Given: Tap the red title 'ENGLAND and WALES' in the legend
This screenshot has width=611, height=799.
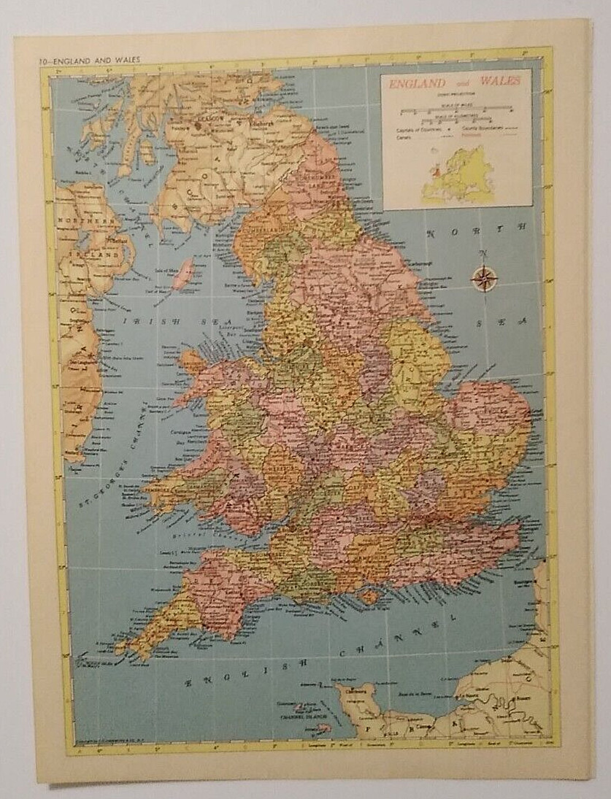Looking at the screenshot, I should [454, 82].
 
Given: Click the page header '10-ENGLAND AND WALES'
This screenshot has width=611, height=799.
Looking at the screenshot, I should [80, 60].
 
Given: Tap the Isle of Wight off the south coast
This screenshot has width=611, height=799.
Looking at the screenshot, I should [371, 596].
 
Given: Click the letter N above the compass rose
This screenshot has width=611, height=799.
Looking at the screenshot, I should [483, 254].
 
